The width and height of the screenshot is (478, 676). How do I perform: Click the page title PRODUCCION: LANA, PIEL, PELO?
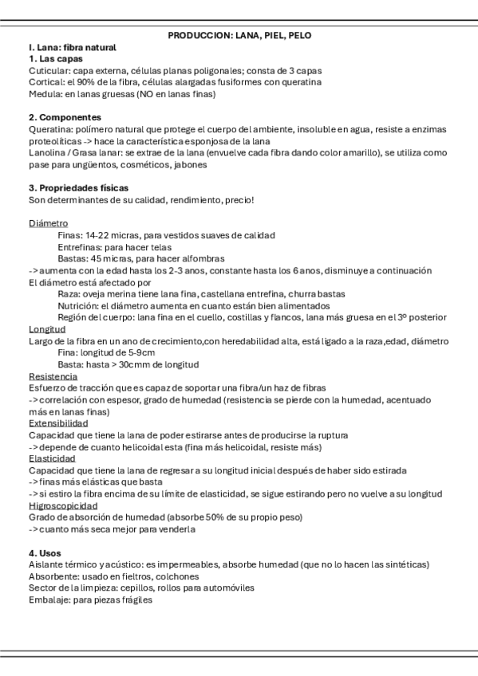tap(239, 36)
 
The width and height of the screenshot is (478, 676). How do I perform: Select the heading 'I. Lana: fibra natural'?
tap(72, 47)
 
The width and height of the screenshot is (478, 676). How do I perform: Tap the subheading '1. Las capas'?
tap(55, 59)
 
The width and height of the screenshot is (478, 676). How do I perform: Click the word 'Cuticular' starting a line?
tap(48, 70)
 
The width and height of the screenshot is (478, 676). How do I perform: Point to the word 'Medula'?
tap(44, 93)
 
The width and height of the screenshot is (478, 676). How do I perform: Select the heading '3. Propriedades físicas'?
tap(77, 187)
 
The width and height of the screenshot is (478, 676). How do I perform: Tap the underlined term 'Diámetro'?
tap(48, 223)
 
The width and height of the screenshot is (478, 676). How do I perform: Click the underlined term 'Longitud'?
tap(47, 329)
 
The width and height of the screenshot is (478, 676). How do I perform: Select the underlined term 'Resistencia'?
tap(53, 376)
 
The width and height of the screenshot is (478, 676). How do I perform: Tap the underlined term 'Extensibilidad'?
tap(57, 423)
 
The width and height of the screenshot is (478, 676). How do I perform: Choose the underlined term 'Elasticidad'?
tap(52, 458)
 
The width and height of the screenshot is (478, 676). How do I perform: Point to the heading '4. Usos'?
tap(45, 552)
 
